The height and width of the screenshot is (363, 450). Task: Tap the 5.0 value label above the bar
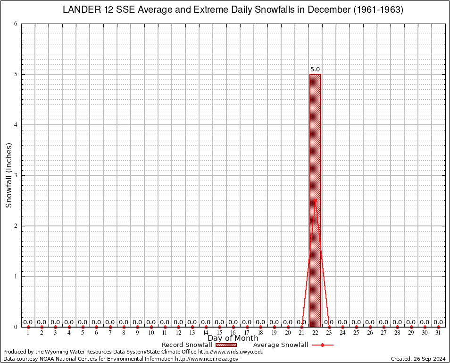(x=315, y=69)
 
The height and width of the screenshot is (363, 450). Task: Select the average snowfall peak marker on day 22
(x=315, y=200)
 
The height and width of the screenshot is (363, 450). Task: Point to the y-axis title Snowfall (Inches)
(x=8, y=175)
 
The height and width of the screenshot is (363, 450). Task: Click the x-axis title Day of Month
(x=233, y=338)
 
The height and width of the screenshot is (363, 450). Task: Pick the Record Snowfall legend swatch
(x=226, y=345)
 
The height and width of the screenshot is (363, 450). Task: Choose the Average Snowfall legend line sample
(x=322, y=345)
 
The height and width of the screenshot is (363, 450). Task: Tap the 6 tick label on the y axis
(x=16, y=24)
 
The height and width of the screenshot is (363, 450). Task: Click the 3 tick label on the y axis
(x=16, y=175)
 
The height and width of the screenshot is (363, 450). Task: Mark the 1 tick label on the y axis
(x=16, y=277)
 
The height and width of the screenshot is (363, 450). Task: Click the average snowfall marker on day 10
(x=151, y=327)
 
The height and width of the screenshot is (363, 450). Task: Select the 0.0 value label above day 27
(x=383, y=322)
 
